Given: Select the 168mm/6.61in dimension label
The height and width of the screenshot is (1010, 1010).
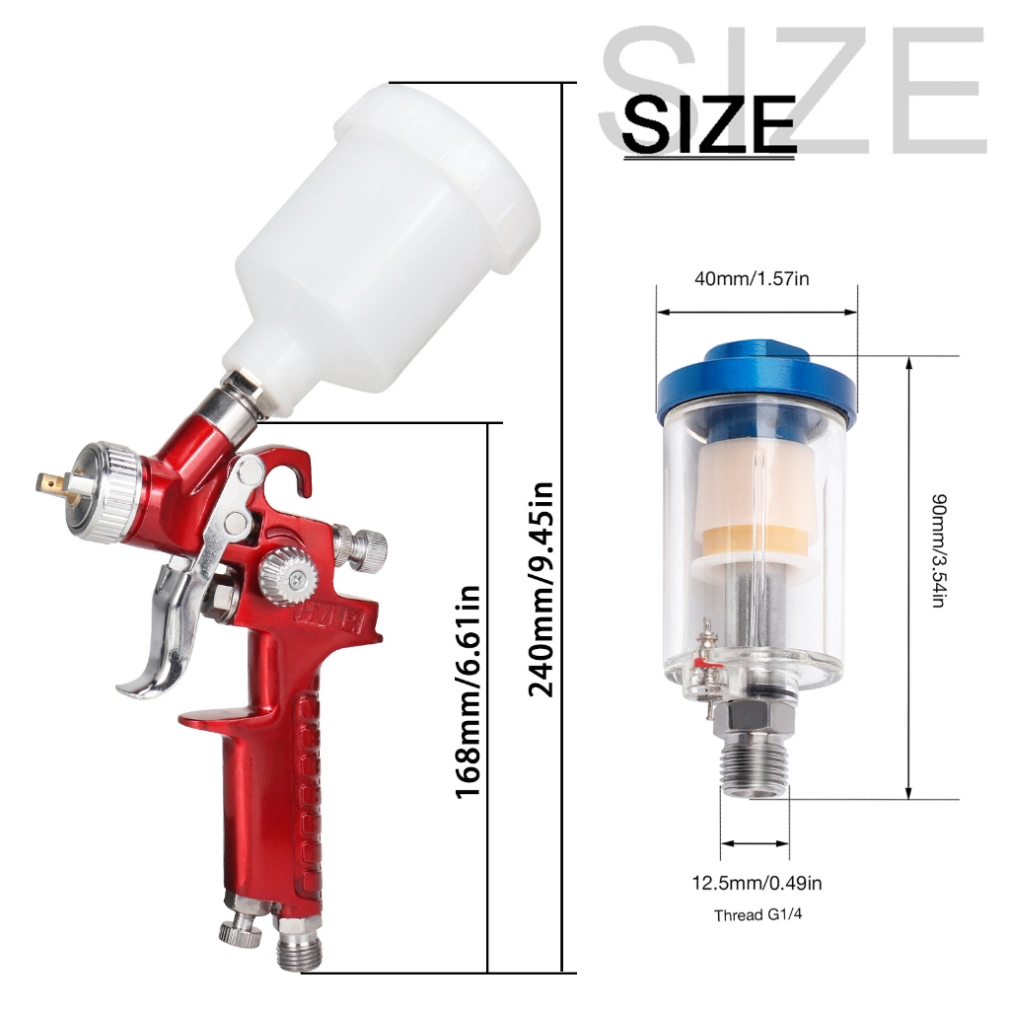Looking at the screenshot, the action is click(x=469, y=692).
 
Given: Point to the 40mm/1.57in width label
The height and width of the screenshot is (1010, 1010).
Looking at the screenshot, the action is click(x=752, y=279).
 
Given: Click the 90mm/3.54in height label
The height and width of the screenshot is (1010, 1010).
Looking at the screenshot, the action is click(x=940, y=550).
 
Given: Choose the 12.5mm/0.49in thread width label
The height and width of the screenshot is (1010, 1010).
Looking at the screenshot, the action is click(x=757, y=883).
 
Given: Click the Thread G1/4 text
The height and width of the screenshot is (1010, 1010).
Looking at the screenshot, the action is click(x=757, y=914).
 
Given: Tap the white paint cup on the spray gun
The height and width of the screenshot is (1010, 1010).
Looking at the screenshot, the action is click(x=380, y=239).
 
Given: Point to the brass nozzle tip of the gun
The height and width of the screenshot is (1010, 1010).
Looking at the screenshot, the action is click(x=49, y=481).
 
